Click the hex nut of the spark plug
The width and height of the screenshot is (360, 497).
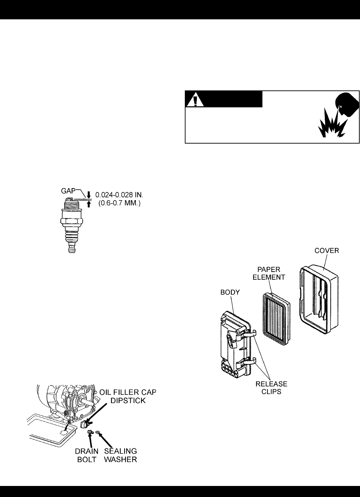pos(72,222)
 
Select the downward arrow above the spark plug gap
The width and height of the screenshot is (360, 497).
pos(88,194)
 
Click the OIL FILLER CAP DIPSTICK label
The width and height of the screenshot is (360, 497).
pos(128,397)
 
